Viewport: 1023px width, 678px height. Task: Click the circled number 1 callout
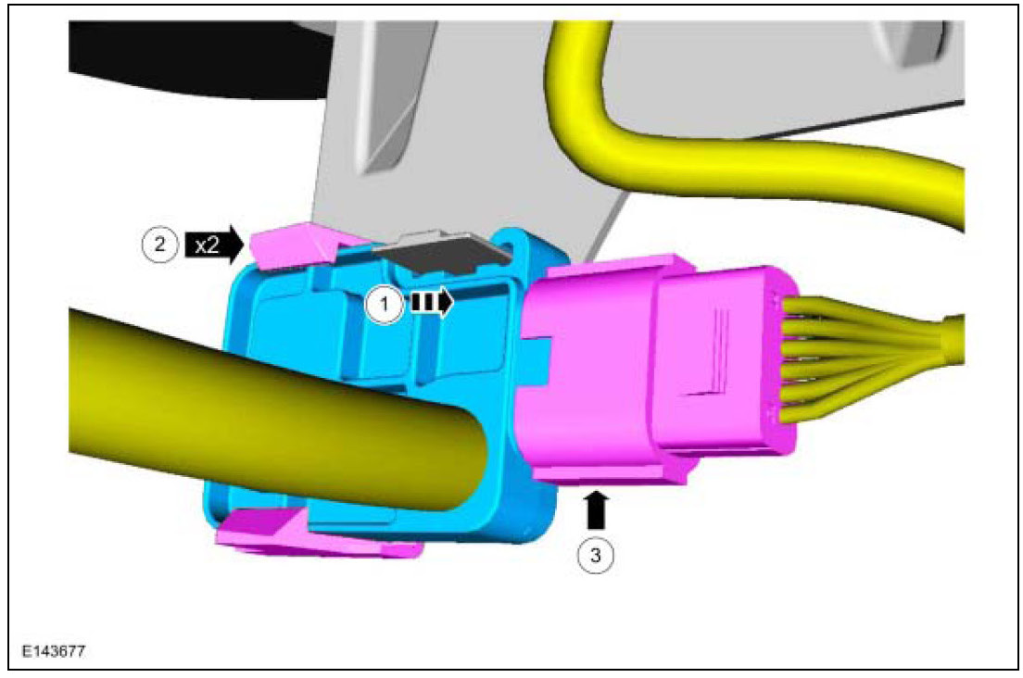pyautogui.click(x=385, y=305)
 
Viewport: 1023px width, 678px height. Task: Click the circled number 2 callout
pyautogui.click(x=159, y=245)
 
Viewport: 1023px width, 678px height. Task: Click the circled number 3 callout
pyautogui.click(x=595, y=555)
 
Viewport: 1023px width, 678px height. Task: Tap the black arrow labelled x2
pyautogui.click(x=215, y=245)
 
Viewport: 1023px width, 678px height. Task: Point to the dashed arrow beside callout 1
pyautogui.click(x=431, y=303)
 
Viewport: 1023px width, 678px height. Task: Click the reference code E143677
pyautogui.click(x=54, y=651)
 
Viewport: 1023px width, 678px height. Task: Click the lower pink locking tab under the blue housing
pyautogui.click(x=313, y=534)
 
